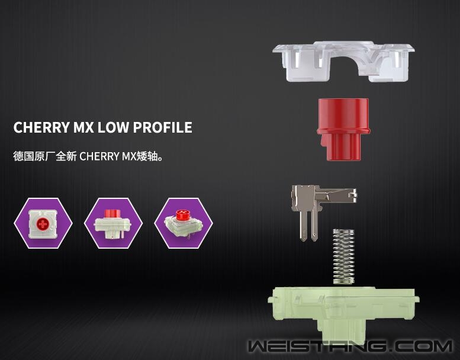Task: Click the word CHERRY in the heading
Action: coord(41,127)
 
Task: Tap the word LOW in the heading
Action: coord(112,127)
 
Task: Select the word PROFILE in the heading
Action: coord(163,127)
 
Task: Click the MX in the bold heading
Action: coord(83,127)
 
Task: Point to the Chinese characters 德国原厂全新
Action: coord(45,156)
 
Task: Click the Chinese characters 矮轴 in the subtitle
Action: coord(148,156)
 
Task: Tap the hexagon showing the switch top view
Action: coord(43,223)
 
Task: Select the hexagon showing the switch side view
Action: coord(113,223)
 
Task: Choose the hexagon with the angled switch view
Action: coord(184,223)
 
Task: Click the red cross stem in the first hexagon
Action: coord(43,224)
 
